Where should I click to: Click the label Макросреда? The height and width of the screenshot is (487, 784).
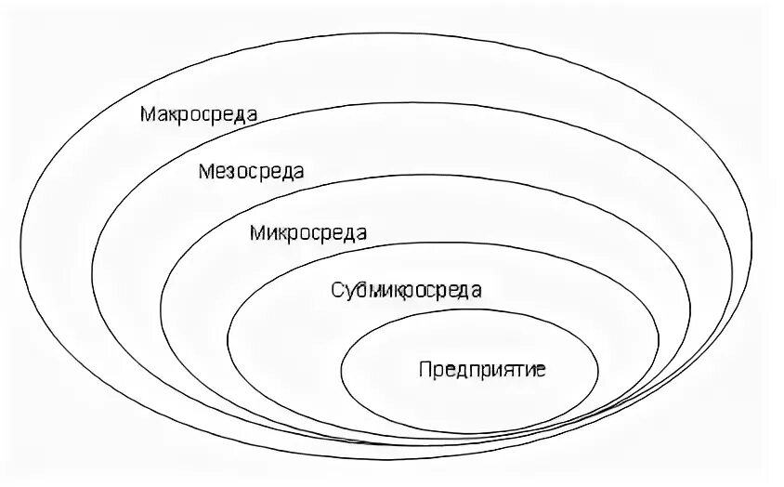click(x=199, y=114)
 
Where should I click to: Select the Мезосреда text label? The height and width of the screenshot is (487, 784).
click(x=251, y=172)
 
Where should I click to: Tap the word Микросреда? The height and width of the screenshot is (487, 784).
click(x=307, y=232)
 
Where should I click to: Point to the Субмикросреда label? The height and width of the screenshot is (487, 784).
click(x=406, y=290)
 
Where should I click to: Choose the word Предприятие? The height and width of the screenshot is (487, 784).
click(x=482, y=369)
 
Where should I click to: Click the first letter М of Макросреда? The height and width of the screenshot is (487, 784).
click(x=147, y=114)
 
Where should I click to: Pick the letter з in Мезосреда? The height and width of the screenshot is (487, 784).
click(x=229, y=173)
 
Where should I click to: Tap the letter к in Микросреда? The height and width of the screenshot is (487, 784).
click(x=279, y=233)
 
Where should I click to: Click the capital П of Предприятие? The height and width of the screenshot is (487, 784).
click(x=425, y=369)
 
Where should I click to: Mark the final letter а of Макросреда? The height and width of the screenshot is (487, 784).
click(x=252, y=115)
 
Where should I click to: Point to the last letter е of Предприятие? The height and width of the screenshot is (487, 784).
click(x=541, y=370)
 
